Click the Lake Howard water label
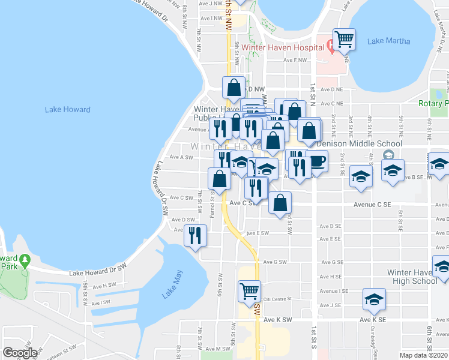point(68,110)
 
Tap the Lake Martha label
point(389,41)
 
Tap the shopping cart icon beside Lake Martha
point(344,40)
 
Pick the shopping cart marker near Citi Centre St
point(249,292)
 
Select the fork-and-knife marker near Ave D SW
point(195,236)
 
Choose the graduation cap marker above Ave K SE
point(374,300)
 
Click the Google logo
point(20,353)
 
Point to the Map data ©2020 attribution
point(424,355)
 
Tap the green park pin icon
point(25,260)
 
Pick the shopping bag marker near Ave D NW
point(234,88)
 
